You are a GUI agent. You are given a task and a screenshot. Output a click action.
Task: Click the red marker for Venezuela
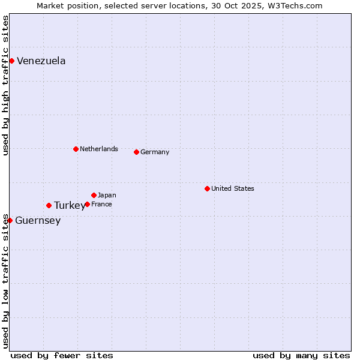tap(11, 61)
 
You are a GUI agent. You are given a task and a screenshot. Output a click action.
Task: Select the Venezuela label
tap(41, 61)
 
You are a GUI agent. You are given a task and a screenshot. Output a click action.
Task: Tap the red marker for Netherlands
tap(76, 149)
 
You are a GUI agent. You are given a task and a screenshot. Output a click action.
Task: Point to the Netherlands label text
tap(99, 149)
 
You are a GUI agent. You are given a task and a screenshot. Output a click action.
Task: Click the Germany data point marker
tap(136, 152)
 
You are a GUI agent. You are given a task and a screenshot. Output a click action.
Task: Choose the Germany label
tap(155, 152)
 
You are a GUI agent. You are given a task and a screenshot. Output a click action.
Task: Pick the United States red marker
tap(207, 188)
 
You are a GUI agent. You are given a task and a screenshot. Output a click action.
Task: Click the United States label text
tap(233, 188)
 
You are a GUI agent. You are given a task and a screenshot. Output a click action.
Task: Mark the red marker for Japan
tap(94, 195)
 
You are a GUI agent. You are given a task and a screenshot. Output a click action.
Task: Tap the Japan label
tap(107, 195)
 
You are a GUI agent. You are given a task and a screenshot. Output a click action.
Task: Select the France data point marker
tap(87, 204)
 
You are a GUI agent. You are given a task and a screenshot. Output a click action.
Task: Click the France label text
tap(101, 204)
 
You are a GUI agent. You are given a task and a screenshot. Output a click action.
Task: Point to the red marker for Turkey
tap(49, 205)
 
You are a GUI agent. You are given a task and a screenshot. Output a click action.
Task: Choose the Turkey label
tap(69, 206)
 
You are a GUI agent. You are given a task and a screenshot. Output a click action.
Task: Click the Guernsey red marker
tap(10, 220)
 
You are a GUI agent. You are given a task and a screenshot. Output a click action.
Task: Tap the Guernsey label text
tap(38, 221)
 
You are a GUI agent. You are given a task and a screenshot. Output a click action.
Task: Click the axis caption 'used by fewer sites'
tap(62, 355)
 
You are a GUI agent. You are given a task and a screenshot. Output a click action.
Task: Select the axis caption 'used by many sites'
tap(301, 355)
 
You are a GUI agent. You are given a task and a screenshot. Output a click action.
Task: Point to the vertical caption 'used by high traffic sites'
tap(5, 85)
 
